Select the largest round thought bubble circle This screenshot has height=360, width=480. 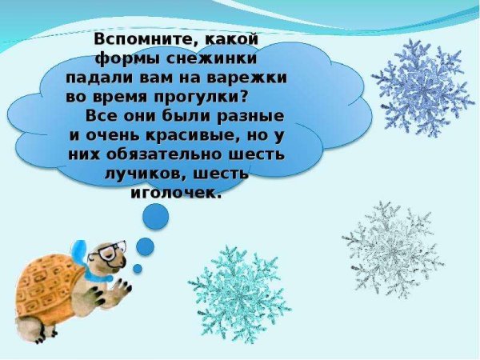tap(155, 216)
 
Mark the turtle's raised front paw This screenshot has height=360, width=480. tap(122, 286)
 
